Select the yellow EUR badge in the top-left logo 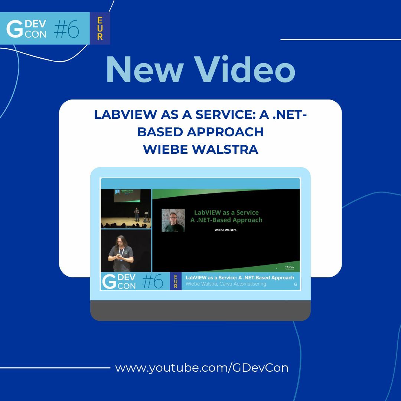(x=100, y=28)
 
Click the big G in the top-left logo (x=15, y=29)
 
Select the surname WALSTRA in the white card (x=228, y=149)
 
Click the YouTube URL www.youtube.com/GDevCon (x=202, y=368)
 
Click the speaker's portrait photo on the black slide (x=173, y=220)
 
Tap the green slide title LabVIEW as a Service (x=226, y=212)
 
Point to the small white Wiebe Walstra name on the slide (x=226, y=230)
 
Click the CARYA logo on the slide (x=289, y=267)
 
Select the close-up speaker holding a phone (x=121, y=252)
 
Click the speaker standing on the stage (x=137, y=215)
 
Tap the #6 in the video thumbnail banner (x=153, y=281)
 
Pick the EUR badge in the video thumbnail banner (x=176, y=281)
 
